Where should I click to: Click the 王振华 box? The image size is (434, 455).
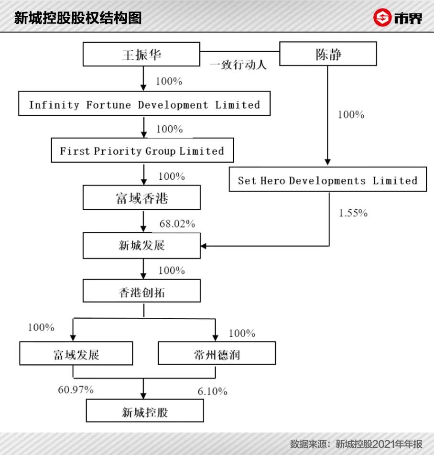click(x=142, y=54)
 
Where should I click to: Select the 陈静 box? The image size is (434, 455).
click(x=328, y=54)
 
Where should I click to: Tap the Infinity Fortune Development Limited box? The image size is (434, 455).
click(x=144, y=105)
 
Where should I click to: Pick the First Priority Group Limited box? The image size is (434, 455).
click(x=142, y=151)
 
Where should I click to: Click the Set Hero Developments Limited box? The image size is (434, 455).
click(x=327, y=180)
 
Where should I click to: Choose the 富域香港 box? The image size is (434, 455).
click(x=142, y=198)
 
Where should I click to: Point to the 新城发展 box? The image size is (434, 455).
click(x=142, y=246)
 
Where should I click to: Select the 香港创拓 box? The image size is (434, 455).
click(x=142, y=291)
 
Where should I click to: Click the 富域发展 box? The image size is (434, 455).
click(x=76, y=354)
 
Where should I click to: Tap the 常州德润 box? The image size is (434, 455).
click(x=217, y=354)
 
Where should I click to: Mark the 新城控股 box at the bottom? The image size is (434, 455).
click(x=145, y=412)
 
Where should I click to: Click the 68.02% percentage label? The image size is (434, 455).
click(x=177, y=224)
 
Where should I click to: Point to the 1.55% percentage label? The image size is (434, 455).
click(x=353, y=213)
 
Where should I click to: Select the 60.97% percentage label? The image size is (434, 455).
click(x=76, y=390)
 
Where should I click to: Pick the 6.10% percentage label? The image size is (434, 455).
click(x=212, y=391)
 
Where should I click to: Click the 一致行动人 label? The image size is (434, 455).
click(x=238, y=65)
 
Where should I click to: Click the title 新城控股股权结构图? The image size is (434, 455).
click(x=78, y=18)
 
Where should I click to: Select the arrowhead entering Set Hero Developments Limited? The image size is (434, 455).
click(x=328, y=162)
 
